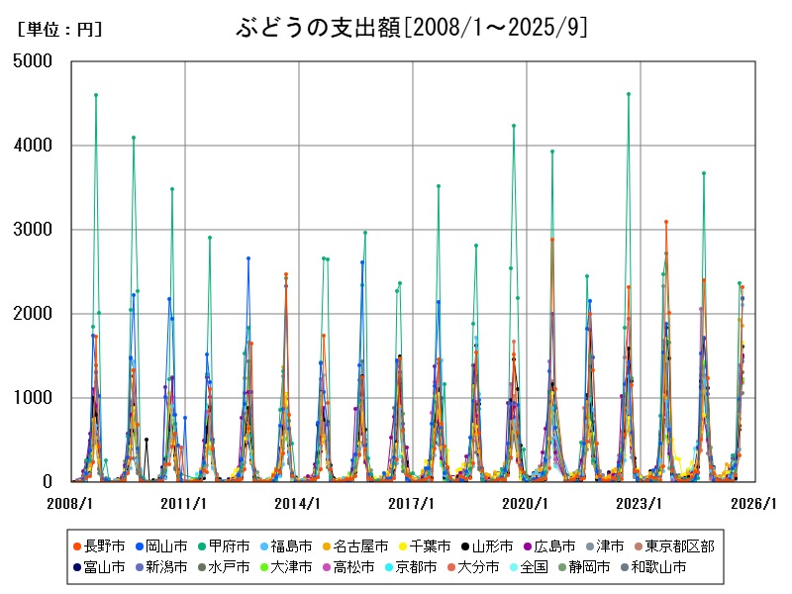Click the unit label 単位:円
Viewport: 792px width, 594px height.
[59, 30]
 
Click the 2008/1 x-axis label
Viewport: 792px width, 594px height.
[70, 503]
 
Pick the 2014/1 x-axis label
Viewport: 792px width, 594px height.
[298, 503]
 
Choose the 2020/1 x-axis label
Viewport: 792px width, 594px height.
[526, 503]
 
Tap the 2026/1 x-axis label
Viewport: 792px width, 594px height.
[753, 503]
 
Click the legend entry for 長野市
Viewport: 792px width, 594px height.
[98, 545]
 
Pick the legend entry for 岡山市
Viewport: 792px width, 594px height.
[164, 545]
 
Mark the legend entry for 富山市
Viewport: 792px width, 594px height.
[98, 567]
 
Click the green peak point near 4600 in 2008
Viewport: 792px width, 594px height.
[95, 95]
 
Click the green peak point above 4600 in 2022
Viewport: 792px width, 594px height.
[629, 94]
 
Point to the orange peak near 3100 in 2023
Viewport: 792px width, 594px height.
[666, 222]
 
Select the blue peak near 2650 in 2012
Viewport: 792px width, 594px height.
[248, 258]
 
